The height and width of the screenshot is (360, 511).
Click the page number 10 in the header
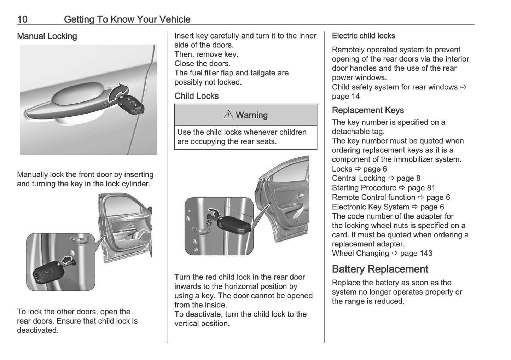click(22, 19)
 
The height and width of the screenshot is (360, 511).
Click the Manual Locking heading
click(47, 36)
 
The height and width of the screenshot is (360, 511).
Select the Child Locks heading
click(197, 96)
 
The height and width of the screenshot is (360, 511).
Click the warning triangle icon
click(228, 115)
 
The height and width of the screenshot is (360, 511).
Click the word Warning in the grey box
click(252, 115)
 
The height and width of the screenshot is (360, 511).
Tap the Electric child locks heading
click(363, 36)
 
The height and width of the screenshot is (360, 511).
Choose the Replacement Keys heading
click(368, 110)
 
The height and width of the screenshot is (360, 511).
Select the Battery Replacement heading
click(380, 269)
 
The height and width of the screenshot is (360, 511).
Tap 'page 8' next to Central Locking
click(408, 178)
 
